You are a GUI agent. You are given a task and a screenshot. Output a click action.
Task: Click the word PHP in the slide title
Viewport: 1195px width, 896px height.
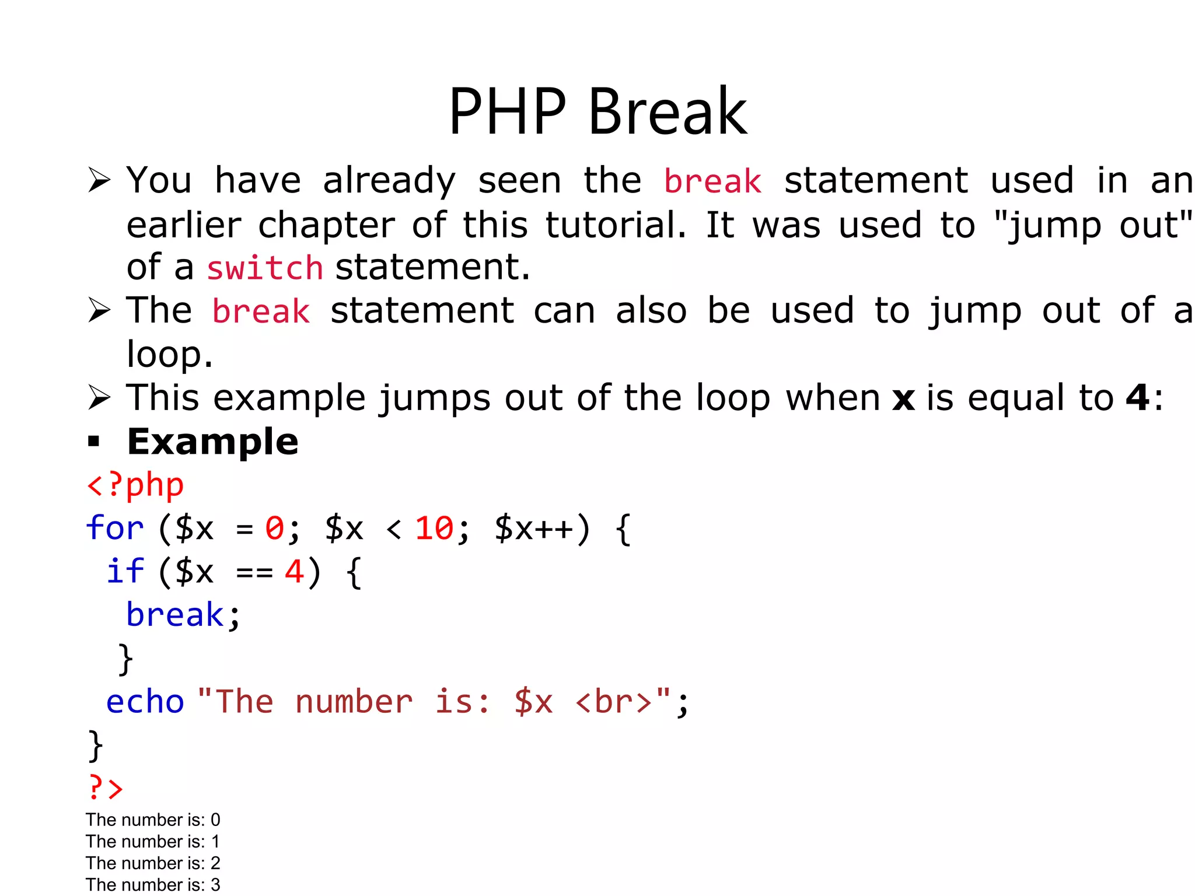[507, 112]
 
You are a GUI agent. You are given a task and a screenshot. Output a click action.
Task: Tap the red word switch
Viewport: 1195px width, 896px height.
[265, 268]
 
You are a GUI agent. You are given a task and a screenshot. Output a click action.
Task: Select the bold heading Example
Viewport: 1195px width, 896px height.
[212, 442]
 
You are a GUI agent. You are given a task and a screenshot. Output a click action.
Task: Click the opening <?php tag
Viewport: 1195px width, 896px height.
[135, 485]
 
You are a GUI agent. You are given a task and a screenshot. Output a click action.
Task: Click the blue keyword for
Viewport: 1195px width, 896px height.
[114, 528]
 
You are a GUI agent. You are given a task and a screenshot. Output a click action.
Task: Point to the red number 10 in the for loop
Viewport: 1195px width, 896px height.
[434, 528]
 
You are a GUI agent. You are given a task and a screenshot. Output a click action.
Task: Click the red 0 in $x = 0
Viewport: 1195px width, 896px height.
[274, 528]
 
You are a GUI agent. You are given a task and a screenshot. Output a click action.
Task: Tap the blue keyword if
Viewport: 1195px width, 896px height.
[125, 571]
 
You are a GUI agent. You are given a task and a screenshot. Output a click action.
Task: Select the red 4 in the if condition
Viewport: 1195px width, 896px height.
[293, 572]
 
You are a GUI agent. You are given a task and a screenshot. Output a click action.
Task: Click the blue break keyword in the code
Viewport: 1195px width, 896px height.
[175, 615]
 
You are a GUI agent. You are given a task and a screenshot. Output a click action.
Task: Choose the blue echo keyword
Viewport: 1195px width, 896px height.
[145, 701]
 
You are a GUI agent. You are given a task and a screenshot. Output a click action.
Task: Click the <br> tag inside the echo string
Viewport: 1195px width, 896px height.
[613, 701]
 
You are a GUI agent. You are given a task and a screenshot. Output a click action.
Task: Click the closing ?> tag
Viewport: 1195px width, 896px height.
[106, 787]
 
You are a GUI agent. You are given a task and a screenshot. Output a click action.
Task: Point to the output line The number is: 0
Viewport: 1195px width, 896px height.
[153, 820]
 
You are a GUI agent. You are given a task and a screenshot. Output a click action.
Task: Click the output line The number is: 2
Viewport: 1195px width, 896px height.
[153, 863]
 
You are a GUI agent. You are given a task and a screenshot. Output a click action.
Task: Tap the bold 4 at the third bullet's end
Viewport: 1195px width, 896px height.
[1137, 398]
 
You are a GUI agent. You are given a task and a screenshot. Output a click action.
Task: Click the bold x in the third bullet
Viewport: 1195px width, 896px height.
[903, 399]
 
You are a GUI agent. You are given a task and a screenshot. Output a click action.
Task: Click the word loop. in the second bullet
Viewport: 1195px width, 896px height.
[169, 354]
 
